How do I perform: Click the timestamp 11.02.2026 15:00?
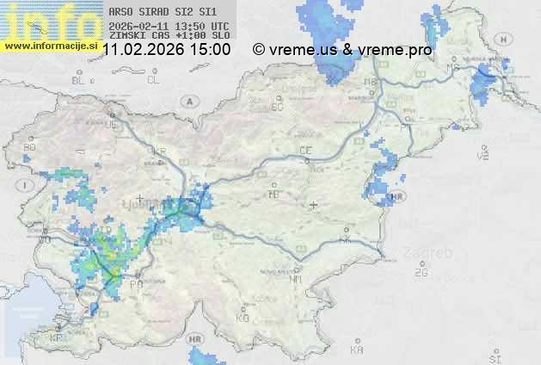coord(166,50)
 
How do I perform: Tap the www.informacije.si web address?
coord(49,45)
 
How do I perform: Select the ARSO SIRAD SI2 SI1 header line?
coord(157,12)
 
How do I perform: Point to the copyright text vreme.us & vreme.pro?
coord(342,50)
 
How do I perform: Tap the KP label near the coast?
coord(57,338)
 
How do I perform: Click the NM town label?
coord(297,279)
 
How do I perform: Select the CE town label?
coord(304,150)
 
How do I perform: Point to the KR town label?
coord(158,152)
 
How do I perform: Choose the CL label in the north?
coord(153,80)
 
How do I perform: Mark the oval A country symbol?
coord(187,101)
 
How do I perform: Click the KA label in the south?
coord(357,350)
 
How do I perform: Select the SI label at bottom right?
coord(494,356)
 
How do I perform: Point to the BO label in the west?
coord(30,147)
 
